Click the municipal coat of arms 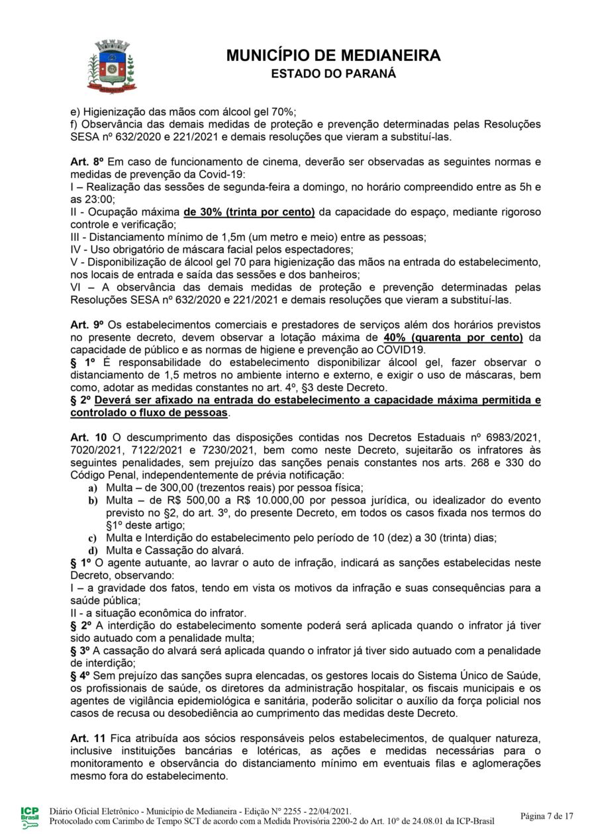click(111, 66)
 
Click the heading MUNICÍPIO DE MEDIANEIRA click(333, 56)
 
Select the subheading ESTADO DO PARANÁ click(333, 73)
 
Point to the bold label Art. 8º click(85, 162)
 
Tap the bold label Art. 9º click(85, 325)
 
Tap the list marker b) click(93, 500)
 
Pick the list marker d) click(93, 550)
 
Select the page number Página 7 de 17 click(546, 815)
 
